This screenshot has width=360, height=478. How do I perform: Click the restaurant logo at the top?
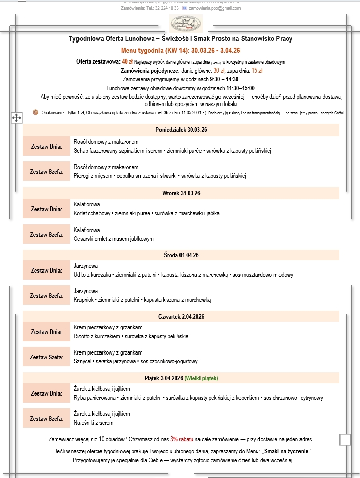tap(186, 23)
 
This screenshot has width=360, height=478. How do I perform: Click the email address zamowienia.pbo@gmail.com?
tap(215, 8)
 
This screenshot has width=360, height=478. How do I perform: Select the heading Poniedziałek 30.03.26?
tap(181, 130)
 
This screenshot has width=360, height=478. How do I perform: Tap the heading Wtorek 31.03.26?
tap(181, 193)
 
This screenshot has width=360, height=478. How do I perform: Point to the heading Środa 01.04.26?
tap(181, 255)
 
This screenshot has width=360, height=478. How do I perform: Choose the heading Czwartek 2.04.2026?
tap(181, 317)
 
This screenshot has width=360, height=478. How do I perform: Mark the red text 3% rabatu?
tap(182, 439)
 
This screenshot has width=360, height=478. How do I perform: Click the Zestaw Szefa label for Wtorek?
tap(47, 234)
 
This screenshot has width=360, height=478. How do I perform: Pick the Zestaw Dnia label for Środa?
tap(47, 271)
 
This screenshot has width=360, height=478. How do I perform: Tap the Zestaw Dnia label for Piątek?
tap(47, 393)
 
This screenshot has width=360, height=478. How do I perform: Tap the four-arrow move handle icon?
tap(16, 118)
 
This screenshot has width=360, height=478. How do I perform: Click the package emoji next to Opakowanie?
tap(35, 112)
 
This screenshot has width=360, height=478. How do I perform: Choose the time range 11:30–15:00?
tap(241, 88)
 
